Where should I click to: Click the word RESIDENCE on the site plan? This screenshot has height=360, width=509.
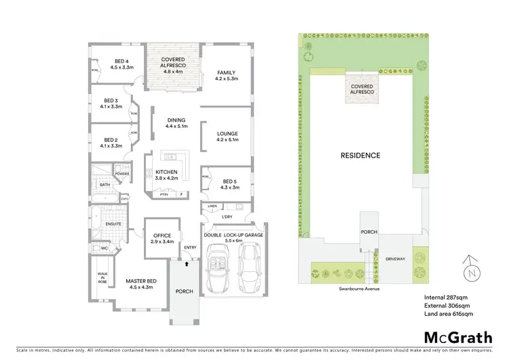pyautogui.click(x=360, y=156)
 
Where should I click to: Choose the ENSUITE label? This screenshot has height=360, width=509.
pyautogui.click(x=113, y=223)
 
